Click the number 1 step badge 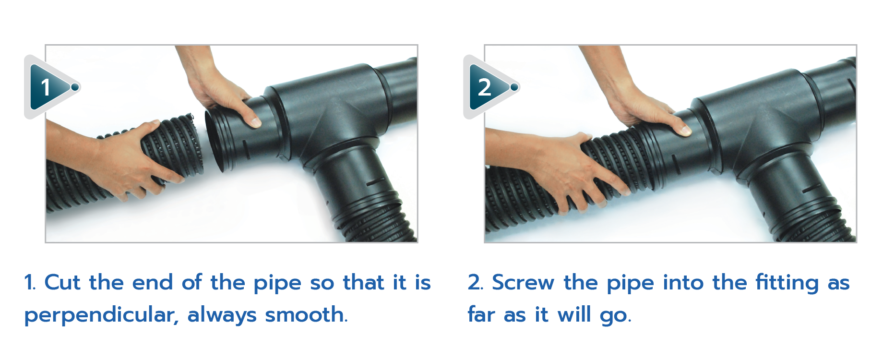50,87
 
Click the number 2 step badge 489,87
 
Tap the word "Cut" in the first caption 62,282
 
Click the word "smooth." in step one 306,315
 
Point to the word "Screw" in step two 523,282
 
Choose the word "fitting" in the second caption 787,283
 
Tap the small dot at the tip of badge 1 75,87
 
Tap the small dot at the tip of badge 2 514,87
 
